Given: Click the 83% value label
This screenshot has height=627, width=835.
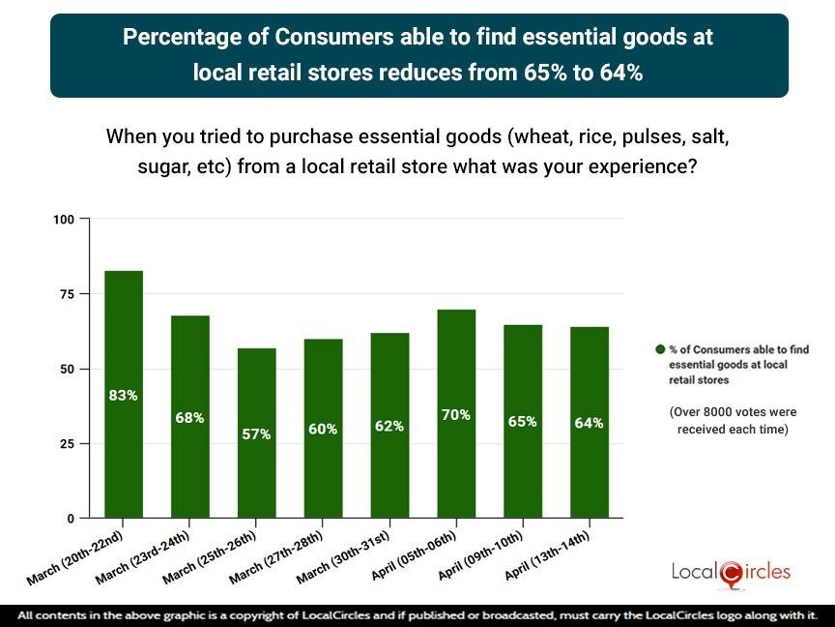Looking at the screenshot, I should [123, 395].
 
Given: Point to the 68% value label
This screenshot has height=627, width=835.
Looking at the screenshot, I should [189, 418].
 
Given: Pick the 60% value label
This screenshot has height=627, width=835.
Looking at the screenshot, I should [323, 429].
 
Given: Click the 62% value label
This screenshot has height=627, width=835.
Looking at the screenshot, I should [389, 426].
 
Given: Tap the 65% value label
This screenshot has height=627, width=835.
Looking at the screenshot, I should [523, 422].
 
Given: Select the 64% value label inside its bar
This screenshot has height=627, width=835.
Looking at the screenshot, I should [589, 423].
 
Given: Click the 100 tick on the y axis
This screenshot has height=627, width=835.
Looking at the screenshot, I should [64, 220].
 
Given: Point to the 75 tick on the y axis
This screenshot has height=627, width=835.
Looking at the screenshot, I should [67, 294].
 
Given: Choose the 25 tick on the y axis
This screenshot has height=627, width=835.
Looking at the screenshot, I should [67, 444].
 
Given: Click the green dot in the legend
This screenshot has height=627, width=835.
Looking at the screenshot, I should [660, 349].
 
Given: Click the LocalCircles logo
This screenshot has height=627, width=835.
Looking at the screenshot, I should [731, 572].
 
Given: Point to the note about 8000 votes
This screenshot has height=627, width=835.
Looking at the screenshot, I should [734, 420].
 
